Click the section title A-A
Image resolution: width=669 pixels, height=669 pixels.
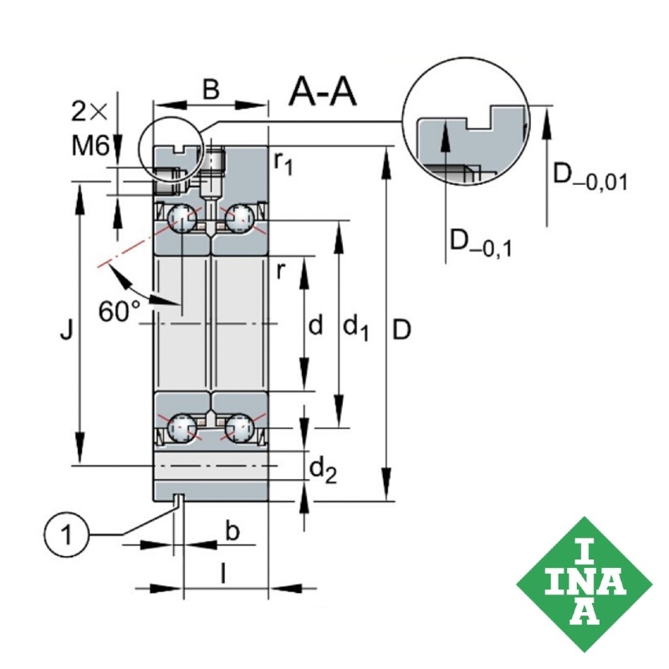pos(323,93)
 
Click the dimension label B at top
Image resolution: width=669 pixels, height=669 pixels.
pos(212,89)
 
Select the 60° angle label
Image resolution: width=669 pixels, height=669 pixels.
pos(120,311)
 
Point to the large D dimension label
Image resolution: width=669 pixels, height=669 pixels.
pos(401,331)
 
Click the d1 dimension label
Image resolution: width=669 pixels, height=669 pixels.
pos(356,327)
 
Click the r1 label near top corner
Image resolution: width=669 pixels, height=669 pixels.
pos(284,161)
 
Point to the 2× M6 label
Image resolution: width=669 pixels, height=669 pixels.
pos(90,130)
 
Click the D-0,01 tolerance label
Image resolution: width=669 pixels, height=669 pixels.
pos(590,177)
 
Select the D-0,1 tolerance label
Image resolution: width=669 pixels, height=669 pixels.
pos(481,243)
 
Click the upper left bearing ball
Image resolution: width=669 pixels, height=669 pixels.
pos(181,220)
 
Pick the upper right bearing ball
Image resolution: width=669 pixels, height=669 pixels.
pos(239,220)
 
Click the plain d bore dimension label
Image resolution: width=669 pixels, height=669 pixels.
pos(315,325)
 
